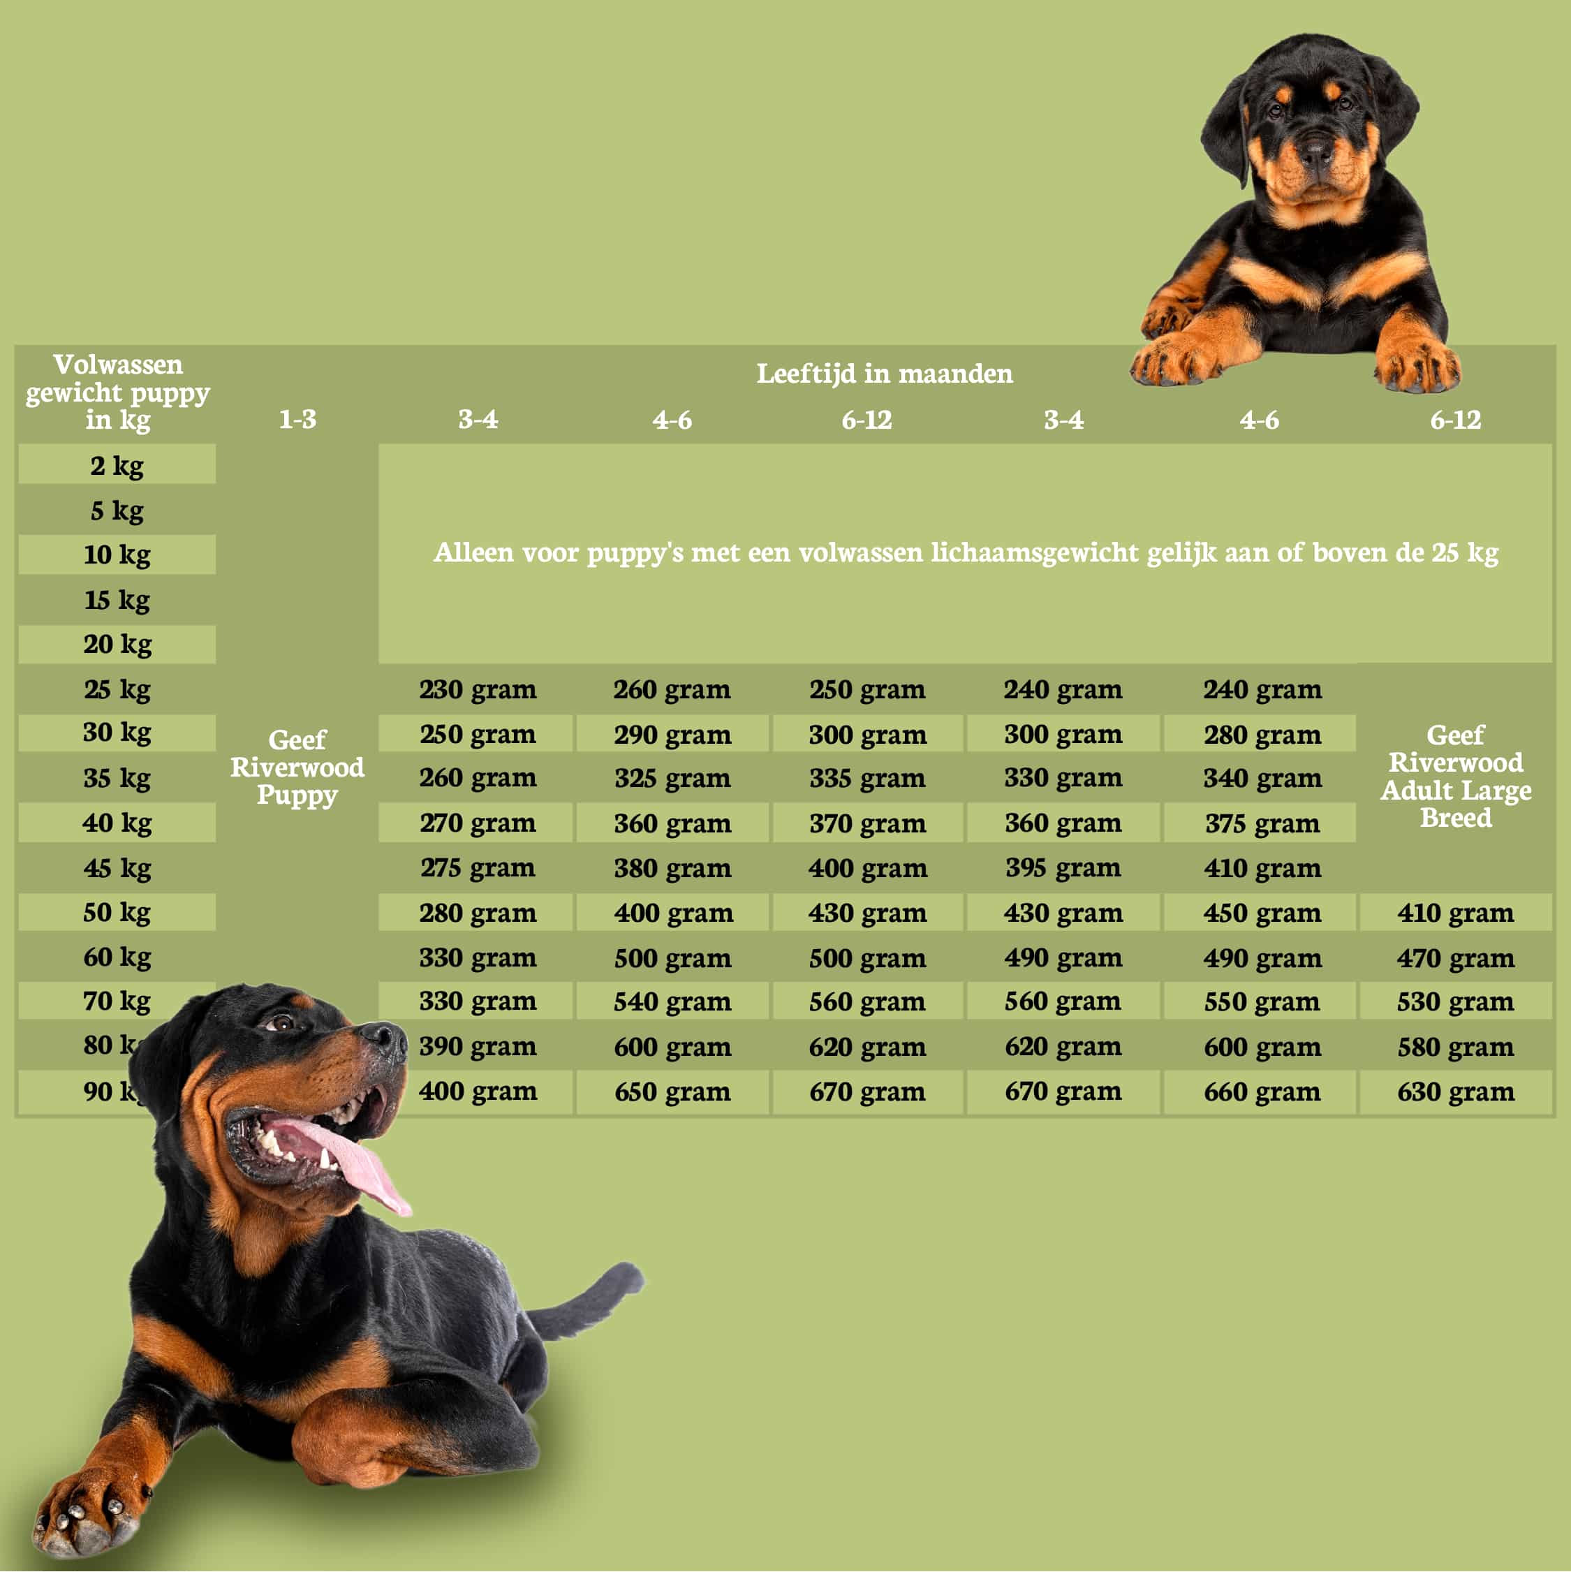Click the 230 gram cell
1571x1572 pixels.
point(478,689)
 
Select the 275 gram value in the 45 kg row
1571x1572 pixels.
point(478,867)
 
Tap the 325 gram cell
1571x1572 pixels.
point(672,778)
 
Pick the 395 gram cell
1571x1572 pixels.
point(1063,867)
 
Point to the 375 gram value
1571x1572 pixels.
point(1262,823)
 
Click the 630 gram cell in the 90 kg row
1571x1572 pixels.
point(1456,1091)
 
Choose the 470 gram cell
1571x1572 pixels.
point(1456,957)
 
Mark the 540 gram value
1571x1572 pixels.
point(672,1001)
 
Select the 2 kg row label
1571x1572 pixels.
point(117,465)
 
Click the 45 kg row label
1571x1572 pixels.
point(117,868)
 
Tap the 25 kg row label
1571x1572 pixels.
point(117,689)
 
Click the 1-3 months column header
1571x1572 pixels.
point(297,419)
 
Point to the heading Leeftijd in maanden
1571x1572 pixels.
point(885,374)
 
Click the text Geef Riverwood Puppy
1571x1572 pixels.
point(297,767)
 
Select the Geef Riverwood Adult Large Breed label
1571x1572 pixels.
point(1456,777)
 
